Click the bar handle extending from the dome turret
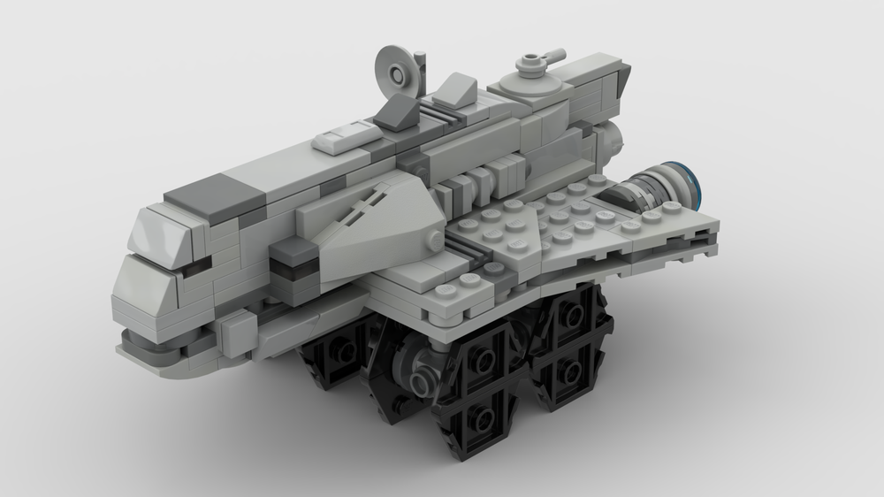click(x=550, y=57)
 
